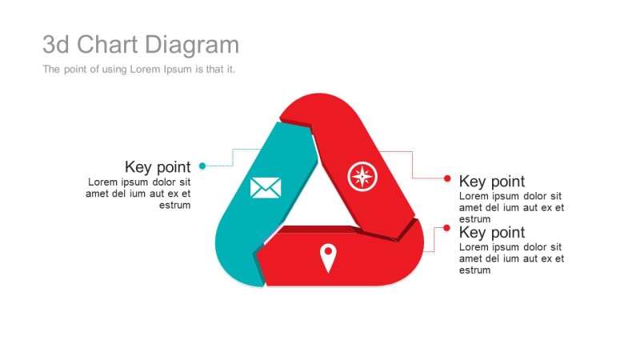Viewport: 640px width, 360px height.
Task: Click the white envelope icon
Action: (x=266, y=188)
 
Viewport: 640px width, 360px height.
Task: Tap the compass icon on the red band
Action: (x=362, y=176)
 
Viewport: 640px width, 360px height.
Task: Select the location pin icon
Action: (x=328, y=258)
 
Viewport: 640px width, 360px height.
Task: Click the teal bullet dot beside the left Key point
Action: (x=202, y=166)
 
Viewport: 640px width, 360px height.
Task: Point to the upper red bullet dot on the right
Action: (x=447, y=178)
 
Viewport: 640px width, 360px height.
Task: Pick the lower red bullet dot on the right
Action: (x=446, y=228)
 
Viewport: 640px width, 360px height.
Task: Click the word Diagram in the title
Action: (x=192, y=45)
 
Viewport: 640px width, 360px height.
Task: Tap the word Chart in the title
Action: (x=107, y=44)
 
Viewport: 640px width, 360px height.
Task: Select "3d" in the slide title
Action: (x=56, y=44)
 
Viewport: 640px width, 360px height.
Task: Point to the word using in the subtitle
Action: (x=114, y=70)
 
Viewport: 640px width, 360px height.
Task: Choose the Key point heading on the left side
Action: (x=158, y=167)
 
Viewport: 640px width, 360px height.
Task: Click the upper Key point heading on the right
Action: (x=492, y=182)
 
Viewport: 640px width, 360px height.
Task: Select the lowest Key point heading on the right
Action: (x=492, y=232)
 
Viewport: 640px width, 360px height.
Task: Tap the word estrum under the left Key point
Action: (x=174, y=205)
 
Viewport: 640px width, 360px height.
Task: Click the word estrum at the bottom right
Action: (x=474, y=270)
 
